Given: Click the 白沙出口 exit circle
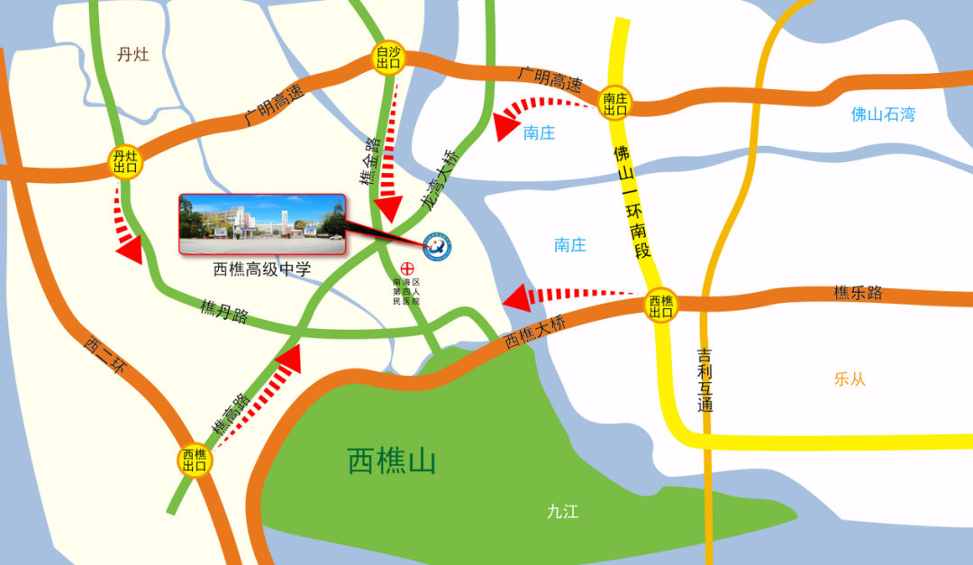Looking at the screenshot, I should coord(388,59).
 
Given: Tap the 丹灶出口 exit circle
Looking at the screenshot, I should coord(124,162).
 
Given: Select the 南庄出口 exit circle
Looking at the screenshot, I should coord(615,104).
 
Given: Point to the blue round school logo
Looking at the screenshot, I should coord(439,246).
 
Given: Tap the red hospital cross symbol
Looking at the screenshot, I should coord(406,269).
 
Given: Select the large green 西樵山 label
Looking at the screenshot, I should coord(392,461).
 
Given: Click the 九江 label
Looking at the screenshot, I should coord(562,512).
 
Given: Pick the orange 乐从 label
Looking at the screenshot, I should coord(850,379).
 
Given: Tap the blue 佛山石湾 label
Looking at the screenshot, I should coord(883,114).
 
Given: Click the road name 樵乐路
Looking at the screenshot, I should coord(858,293).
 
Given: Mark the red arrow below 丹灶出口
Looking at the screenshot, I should coord(125,227).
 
